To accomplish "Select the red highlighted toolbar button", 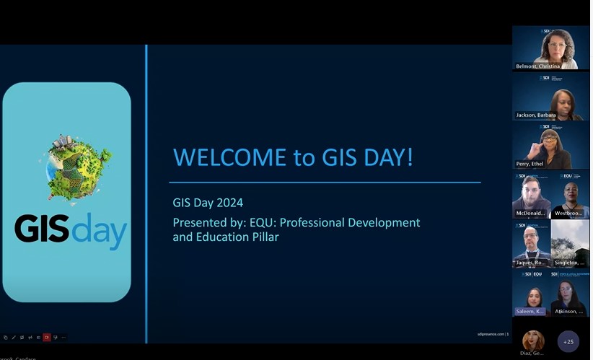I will [x=47, y=338].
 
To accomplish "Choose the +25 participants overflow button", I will [x=568, y=341].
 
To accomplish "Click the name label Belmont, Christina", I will [x=537, y=66].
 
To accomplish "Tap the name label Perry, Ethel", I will [x=530, y=164].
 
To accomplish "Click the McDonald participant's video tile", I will [x=531, y=195].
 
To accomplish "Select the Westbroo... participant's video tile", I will [x=570, y=195].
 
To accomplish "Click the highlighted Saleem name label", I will [x=530, y=311].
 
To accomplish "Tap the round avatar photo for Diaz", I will [x=533, y=340].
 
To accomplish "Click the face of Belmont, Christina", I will [x=557, y=48].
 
